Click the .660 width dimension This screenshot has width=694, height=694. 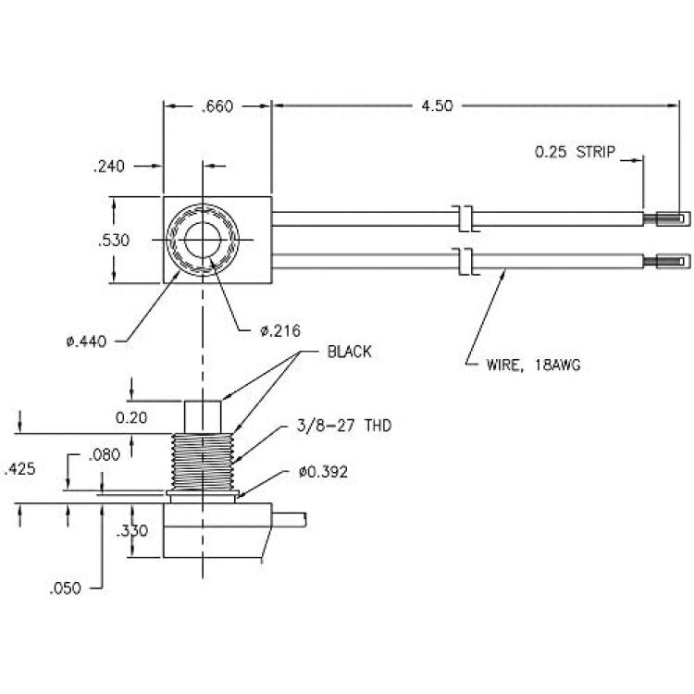217,106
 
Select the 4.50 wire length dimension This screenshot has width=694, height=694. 437,106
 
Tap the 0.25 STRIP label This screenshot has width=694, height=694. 575,152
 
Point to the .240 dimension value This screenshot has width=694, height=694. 109,167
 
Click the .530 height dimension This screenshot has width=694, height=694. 114,241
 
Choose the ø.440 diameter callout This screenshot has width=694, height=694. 86,341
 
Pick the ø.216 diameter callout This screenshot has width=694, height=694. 280,330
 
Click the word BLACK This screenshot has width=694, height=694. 349,352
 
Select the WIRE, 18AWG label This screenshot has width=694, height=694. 533,366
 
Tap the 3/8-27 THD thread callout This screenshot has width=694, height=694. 344,426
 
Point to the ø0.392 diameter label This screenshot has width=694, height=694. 323,472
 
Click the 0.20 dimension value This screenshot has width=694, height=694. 131,417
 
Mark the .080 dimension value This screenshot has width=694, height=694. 104,455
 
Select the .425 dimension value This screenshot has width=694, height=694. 19,469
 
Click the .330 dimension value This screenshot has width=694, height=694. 132,531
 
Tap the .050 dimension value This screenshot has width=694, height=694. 66,589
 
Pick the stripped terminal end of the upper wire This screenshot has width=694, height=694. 667,218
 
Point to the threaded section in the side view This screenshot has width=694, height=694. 203,462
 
